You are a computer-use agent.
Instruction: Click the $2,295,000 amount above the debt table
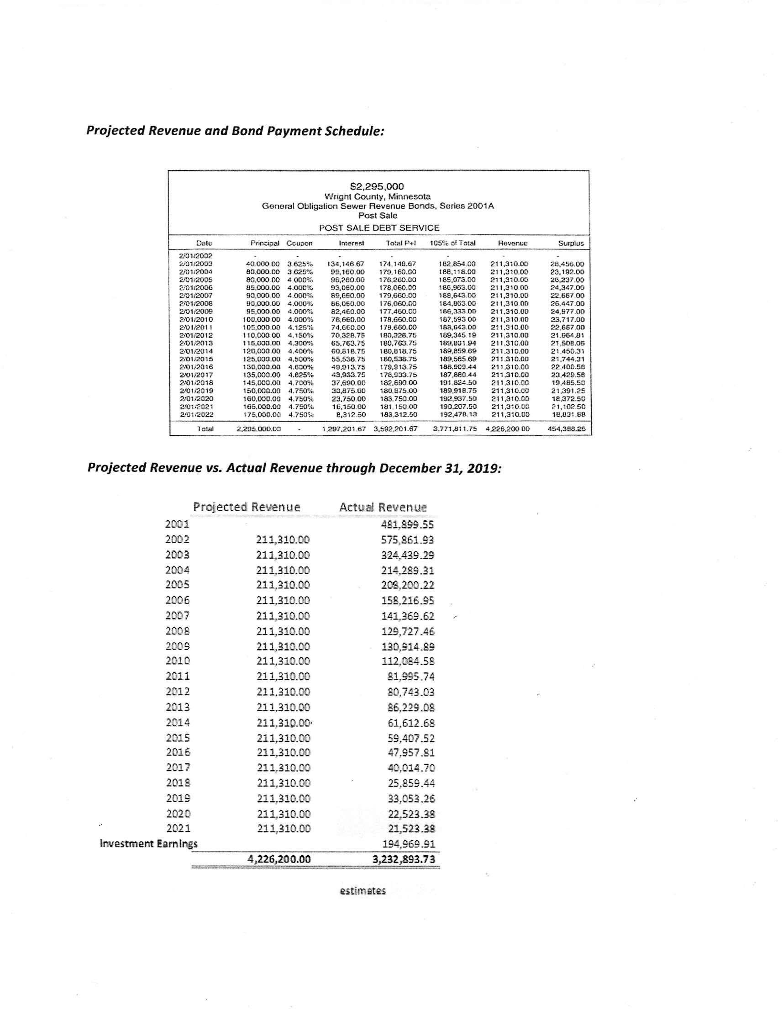click(377, 186)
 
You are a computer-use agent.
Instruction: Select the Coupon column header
click(299, 243)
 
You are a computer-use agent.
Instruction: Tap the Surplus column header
click(571, 243)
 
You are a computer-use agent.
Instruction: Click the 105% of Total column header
click(452, 243)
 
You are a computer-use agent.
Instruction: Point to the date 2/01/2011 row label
click(196, 328)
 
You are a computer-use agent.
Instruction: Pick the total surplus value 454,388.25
click(566, 428)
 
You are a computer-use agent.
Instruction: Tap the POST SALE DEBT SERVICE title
click(379, 227)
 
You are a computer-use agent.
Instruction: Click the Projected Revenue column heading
click(247, 507)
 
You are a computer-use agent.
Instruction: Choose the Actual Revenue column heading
click(383, 507)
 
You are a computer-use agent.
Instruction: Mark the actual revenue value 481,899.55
click(408, 524)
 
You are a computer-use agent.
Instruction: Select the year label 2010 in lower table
click(178, 661)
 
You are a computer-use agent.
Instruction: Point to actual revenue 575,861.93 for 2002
click(408, 539)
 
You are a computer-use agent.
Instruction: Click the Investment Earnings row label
click(148, 844)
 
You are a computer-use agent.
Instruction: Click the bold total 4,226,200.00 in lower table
click(279, 859)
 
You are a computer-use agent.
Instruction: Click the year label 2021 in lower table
click(179, 828)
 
